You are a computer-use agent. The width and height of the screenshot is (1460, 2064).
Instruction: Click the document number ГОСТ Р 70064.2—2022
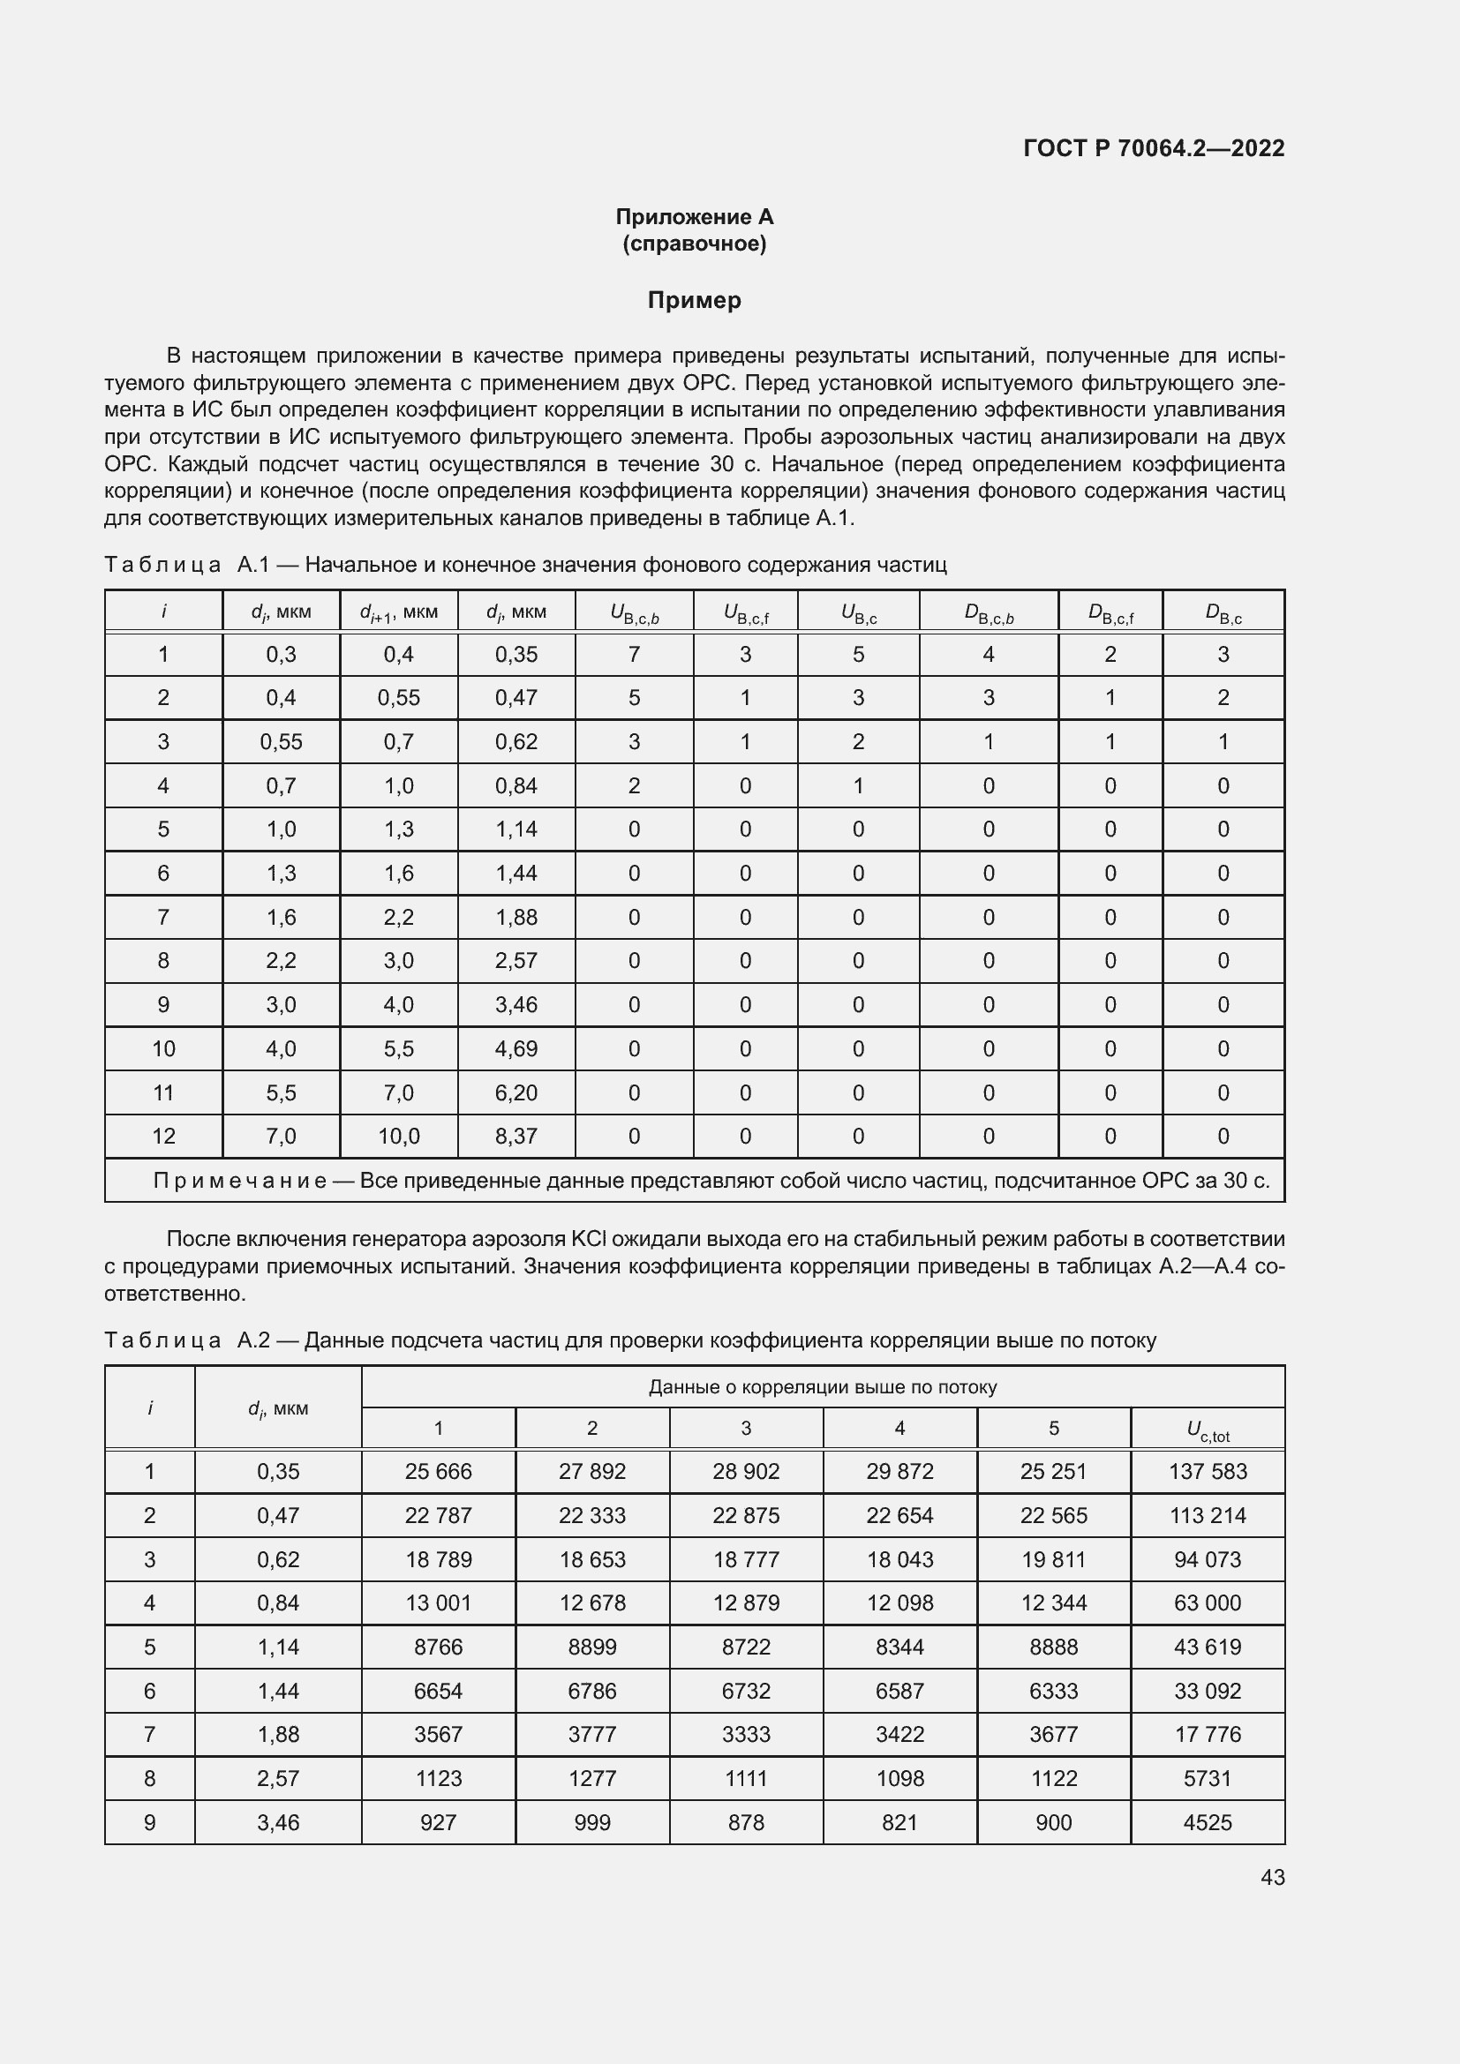click(1154, 148)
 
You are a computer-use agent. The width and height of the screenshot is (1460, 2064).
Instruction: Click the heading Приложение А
click(694, 217)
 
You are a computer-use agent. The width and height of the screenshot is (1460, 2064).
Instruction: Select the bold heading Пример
click(694, 300)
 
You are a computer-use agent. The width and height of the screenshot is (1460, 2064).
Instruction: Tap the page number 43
click(1272, 1877)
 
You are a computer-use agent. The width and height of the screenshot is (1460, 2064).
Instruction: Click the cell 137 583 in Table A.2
click(1208, 1472)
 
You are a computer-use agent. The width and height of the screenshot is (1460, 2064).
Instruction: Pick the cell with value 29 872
click(899, 1472)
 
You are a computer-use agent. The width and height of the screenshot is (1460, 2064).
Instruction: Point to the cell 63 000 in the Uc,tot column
click(1208, 1602)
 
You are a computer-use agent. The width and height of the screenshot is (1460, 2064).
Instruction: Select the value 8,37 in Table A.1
click(516, 1137)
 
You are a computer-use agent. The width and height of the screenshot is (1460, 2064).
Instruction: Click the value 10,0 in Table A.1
click(398, 1137)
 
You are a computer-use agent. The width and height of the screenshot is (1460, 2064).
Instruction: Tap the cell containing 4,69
click(516, 1049)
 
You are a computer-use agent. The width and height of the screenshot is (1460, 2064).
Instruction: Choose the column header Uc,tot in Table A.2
click(1208, 1430)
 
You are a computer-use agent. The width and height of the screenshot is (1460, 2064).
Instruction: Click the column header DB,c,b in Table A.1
click(988, 613)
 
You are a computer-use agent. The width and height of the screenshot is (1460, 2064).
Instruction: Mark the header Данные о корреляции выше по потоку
click(823, 1387)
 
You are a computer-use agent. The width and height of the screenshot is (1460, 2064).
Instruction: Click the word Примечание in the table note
click(240, 1181)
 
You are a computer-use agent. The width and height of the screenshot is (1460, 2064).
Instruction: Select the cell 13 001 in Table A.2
click(438, 1602)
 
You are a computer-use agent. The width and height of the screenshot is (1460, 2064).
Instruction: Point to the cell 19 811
click(1053, 1559)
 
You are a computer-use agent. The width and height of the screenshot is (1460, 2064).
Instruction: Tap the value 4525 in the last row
click(1208, 1822)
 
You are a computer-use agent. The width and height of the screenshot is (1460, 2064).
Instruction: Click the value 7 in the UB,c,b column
click(634, 655)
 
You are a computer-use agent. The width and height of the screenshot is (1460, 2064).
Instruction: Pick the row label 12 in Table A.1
click(163, 1137)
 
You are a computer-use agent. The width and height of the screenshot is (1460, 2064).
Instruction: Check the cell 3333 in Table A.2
click(745, 1734)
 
